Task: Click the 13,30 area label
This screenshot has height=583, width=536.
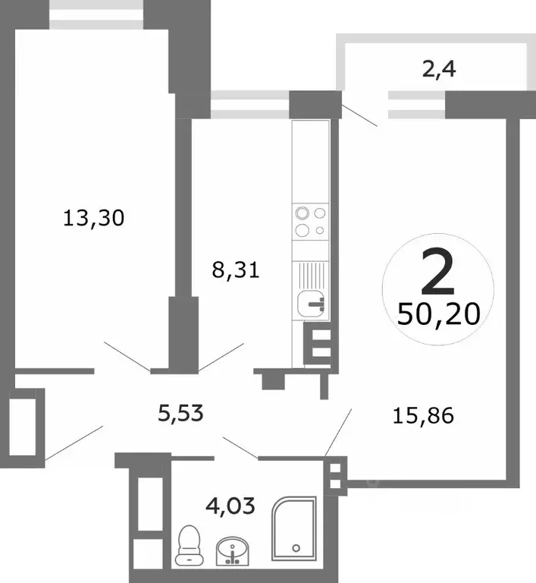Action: point(94,219)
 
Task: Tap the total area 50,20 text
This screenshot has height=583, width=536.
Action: point(438,313)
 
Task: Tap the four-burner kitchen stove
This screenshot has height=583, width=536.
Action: point(310,222)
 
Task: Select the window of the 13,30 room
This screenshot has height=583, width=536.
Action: point(96,18)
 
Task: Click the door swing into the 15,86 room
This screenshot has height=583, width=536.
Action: point(338,431)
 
